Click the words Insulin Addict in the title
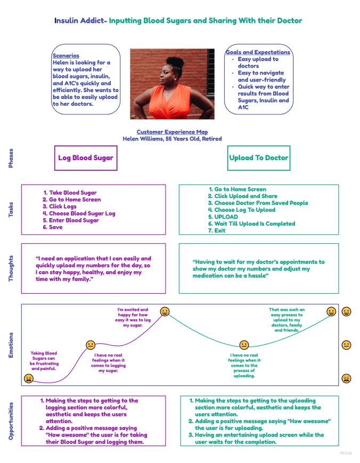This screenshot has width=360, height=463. point(80,21)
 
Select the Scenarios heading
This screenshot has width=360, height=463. point(66,55)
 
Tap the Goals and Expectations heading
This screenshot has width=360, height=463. point(258,52)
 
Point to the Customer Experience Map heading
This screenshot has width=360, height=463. point(172,132)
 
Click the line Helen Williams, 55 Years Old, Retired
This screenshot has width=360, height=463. point(172,139)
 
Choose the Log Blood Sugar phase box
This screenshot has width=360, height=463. point(86,158)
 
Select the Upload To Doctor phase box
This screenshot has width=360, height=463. point(258,158)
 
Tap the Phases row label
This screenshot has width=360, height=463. point(11,158)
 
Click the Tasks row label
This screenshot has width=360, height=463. point(11,210)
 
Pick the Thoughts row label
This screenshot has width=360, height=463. point(11,268)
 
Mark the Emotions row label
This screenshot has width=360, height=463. point(11,345)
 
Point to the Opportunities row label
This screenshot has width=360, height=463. point(11,420)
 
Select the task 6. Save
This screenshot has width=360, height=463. point(53,227)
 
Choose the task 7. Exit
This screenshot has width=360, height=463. point(217,231)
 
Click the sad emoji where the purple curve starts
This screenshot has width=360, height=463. point(29,378)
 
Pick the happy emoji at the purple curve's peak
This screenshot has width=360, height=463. point(165,311)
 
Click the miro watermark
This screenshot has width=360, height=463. point(346,453)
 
